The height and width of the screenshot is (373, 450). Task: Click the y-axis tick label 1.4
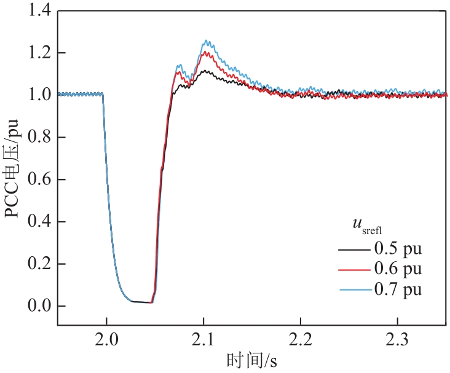(37, 10)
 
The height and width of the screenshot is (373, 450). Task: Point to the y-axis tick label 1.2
(37, 53)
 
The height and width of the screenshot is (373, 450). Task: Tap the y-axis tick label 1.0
(37, 95)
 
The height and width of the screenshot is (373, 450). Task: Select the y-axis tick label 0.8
(37, 137)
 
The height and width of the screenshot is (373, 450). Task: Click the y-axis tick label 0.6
(37, 179)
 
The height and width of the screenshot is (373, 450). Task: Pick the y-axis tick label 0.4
(37, 222)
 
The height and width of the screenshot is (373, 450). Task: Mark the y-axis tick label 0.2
(37, 264)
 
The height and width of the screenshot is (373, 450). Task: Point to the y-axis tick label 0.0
(37, 306)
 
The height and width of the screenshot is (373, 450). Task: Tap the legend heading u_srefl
(365, 227)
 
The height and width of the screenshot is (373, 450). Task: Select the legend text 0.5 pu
(398, 249)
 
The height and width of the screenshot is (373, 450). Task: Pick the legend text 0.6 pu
(398, 269)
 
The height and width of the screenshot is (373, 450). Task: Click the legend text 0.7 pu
(398, 288)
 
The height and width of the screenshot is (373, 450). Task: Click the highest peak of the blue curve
(207, 41)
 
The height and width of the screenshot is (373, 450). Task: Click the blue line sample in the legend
(353, 288)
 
